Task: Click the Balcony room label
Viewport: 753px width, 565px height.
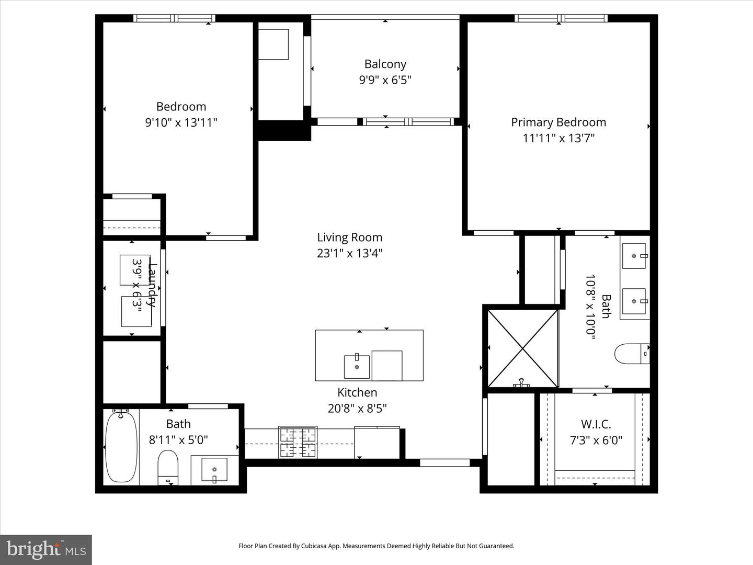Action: tap(385, 64)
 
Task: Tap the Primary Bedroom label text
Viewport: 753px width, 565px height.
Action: tap(558, 122)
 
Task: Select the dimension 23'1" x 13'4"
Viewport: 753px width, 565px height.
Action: tap(349, 253)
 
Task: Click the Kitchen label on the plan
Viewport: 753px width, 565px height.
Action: tap(357, 392)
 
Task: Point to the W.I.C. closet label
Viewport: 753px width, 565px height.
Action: tap(596, 424)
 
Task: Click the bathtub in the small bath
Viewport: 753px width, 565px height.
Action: tap(121, 446)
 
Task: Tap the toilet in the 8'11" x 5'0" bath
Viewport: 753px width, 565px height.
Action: tap(168, 466)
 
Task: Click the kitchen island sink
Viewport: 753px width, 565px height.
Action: tap(357, 366)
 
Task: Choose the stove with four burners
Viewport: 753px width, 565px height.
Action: tap(298, 443)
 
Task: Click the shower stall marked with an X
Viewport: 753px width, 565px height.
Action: tap(522, 348)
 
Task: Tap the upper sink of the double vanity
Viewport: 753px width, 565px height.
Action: tap(634, 256)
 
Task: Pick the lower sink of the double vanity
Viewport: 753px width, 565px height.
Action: tap(634, 301)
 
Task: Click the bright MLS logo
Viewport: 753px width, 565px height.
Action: tap(46, 549)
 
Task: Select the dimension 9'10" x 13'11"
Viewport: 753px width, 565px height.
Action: tap(181, 122)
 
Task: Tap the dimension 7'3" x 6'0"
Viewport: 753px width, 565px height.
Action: tap(596, 440)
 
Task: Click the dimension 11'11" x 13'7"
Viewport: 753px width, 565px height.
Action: tap(558, 138)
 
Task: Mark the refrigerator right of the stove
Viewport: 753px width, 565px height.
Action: tap(377, 443)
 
